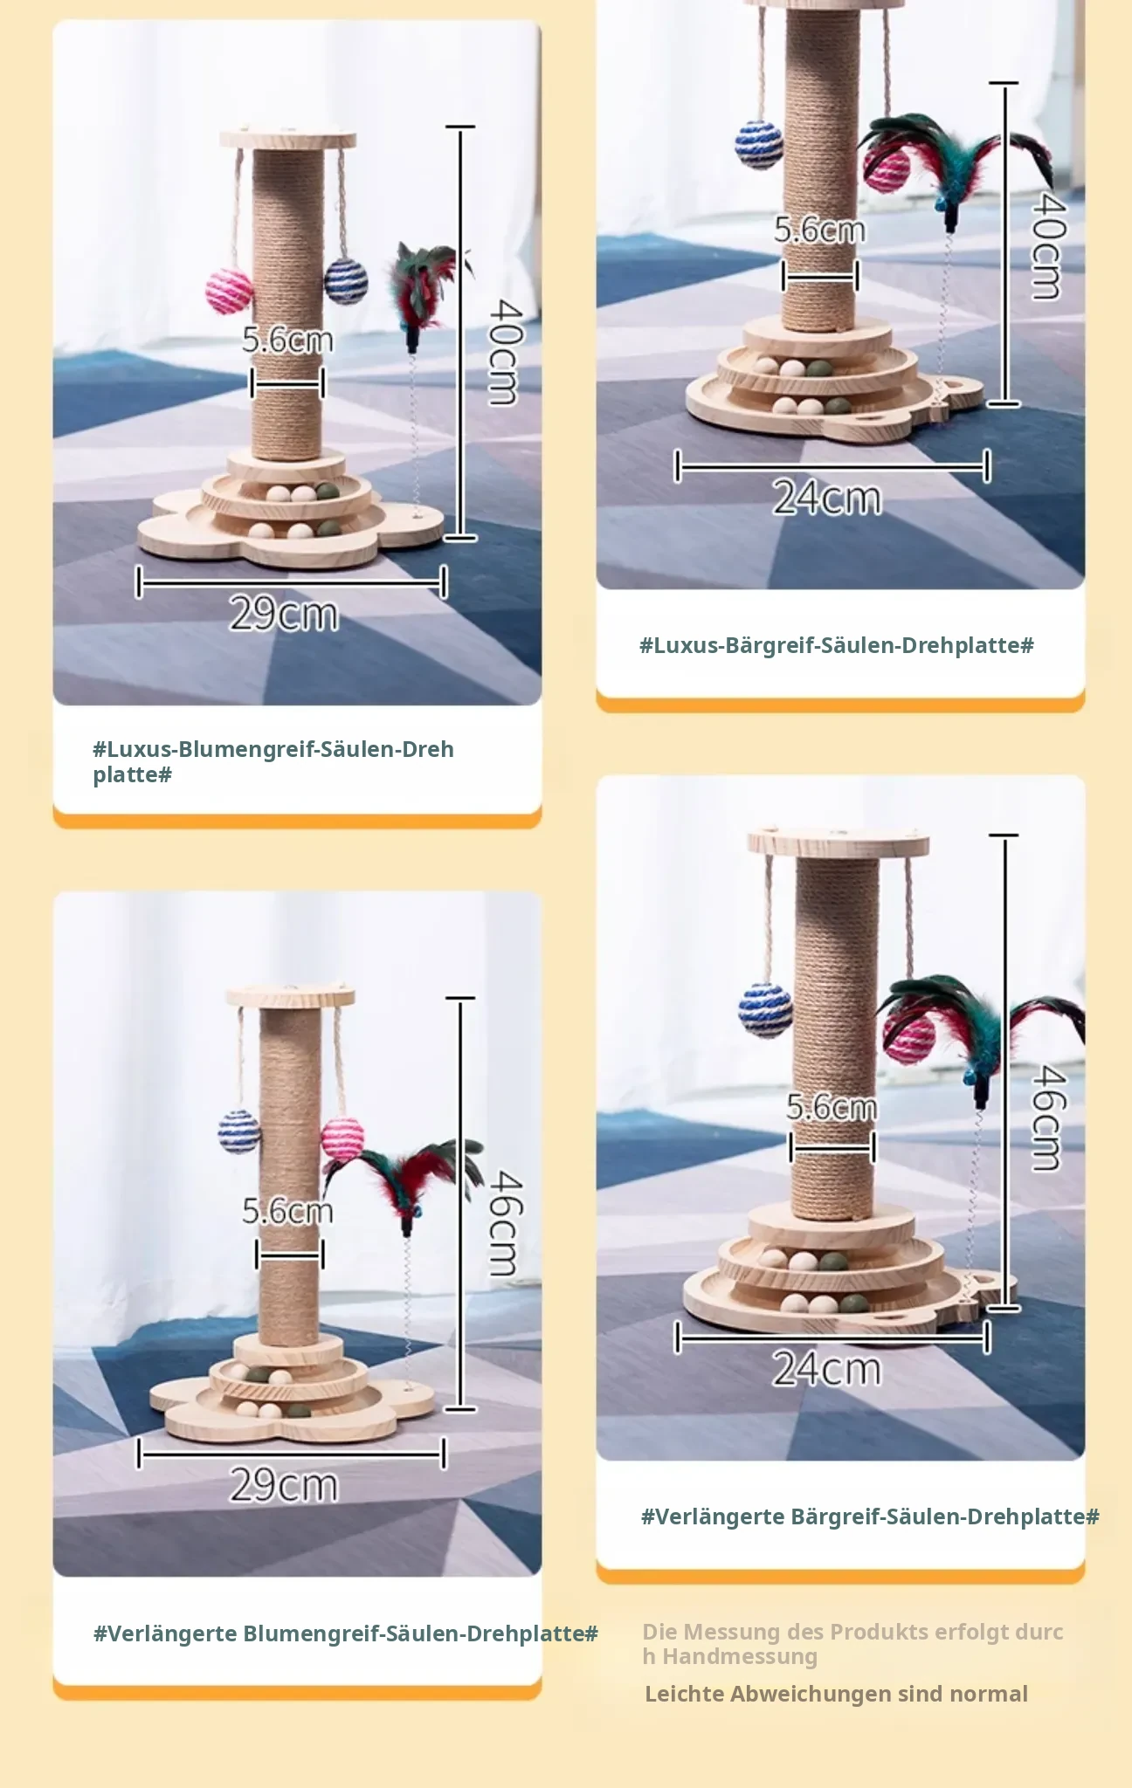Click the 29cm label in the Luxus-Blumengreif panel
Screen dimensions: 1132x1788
coord(284,613)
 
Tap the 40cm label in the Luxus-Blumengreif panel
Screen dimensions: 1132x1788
coord(505,352)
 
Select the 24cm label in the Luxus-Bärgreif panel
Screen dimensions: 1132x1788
coord(827,498)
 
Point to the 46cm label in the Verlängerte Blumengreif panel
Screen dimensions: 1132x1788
coord(505,1223)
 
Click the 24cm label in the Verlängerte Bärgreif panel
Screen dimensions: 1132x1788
coord(827,1368)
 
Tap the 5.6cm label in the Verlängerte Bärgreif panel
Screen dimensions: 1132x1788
coord(832,1107)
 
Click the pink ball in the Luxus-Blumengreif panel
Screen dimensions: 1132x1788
coord(229,292)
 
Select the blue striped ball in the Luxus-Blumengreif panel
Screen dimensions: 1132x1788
coord(346,280)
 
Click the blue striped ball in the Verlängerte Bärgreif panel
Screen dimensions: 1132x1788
coord(765,1010)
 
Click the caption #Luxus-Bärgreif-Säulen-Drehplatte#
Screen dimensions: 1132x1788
coord(837,645)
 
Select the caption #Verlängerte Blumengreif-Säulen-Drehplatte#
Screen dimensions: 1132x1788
coord(346,1633)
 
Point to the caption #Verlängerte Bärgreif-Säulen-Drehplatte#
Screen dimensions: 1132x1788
coord(870,1516)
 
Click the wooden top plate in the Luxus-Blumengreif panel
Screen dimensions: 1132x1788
coord(288,140)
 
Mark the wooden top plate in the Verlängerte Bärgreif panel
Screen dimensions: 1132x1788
coord(839,843)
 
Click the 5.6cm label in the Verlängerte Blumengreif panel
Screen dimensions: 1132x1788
coord(287,1211)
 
